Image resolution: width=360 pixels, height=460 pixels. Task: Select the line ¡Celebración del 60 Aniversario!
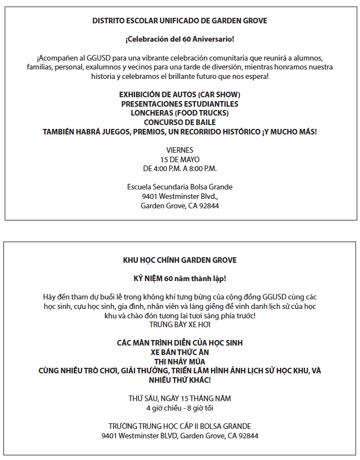[179, 39]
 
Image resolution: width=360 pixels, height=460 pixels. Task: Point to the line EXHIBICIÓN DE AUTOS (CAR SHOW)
[179, 95]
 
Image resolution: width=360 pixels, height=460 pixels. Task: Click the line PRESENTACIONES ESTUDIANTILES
[179, 104]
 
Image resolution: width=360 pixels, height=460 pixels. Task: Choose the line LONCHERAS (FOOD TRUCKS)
[179, 113]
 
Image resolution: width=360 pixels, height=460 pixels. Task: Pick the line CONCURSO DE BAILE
[179, 122]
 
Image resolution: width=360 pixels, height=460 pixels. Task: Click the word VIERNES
[179, 150]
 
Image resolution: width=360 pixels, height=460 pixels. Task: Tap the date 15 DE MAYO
[179, 159]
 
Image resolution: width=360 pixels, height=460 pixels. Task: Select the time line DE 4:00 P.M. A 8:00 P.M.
[179, 168]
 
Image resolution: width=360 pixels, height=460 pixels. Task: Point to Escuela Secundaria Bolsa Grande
[179, 187]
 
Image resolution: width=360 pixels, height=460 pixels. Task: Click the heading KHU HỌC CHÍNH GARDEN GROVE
[179, 260]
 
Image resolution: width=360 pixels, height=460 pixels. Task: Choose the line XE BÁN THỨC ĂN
[179, 352]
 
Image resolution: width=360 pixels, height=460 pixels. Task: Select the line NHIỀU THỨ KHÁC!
[179, 380]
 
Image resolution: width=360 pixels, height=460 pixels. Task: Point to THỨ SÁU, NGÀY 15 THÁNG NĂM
[179, 398]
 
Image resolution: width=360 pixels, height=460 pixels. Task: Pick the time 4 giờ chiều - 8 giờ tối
[179, 408]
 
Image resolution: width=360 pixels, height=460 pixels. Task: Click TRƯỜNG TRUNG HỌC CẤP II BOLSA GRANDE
[179, 426]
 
